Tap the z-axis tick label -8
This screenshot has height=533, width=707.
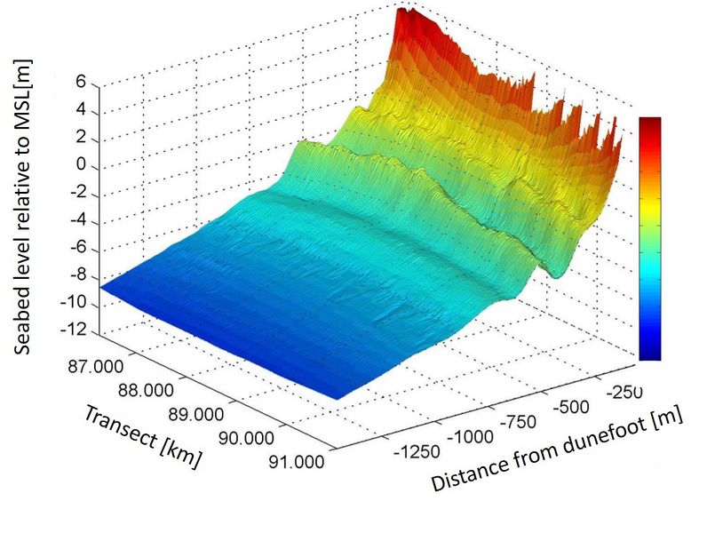(x=75, y=276)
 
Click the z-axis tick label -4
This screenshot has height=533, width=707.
(x=75, y=221)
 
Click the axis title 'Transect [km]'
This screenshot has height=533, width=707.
(x=143, y=436)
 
